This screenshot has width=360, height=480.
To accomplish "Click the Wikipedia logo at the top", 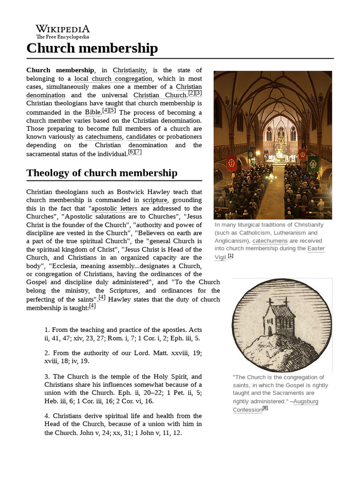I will (63, 31).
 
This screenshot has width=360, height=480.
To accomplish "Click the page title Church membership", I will (92, 48).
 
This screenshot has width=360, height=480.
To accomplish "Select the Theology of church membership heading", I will (102, 172).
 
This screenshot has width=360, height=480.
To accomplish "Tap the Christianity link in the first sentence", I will (129, 70).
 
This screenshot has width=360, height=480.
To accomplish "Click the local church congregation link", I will (113, 78).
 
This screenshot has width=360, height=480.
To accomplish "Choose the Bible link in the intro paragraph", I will (92, 112).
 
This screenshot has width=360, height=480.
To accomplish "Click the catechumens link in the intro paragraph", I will (104, 137).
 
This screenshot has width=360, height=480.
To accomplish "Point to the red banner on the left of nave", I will (232, 163).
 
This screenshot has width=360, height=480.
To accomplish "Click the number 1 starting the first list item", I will (46, 330).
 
